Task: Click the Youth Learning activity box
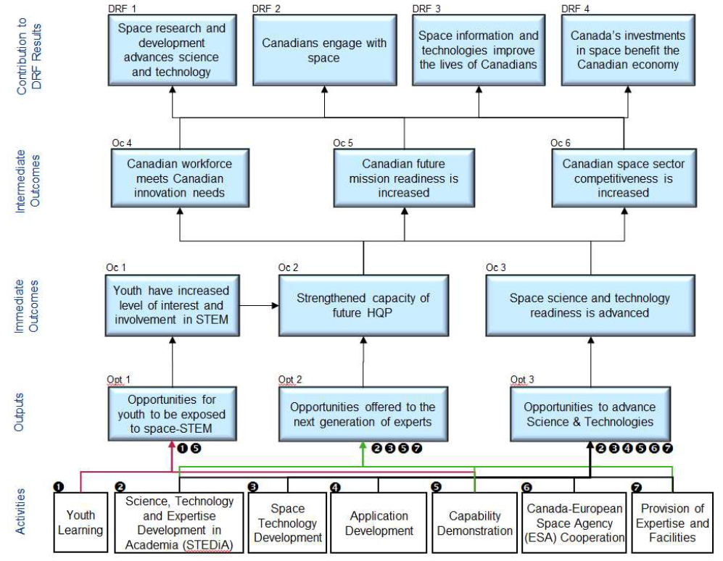(x=80, y=523)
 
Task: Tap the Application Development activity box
(x=379, y=523)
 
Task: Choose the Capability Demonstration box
(x=474, y=523)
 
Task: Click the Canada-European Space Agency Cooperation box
(x=575, y=523)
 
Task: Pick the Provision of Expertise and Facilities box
(x=673, y=523)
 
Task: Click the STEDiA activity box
(x=180, y=523)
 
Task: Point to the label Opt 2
(x=289, y=380)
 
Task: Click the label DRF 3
(x=426, y=9)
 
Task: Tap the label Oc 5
(x=343, y=143)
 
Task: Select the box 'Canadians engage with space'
(x=323, y=51)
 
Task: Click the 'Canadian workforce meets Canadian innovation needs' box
(x=180, y=178)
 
